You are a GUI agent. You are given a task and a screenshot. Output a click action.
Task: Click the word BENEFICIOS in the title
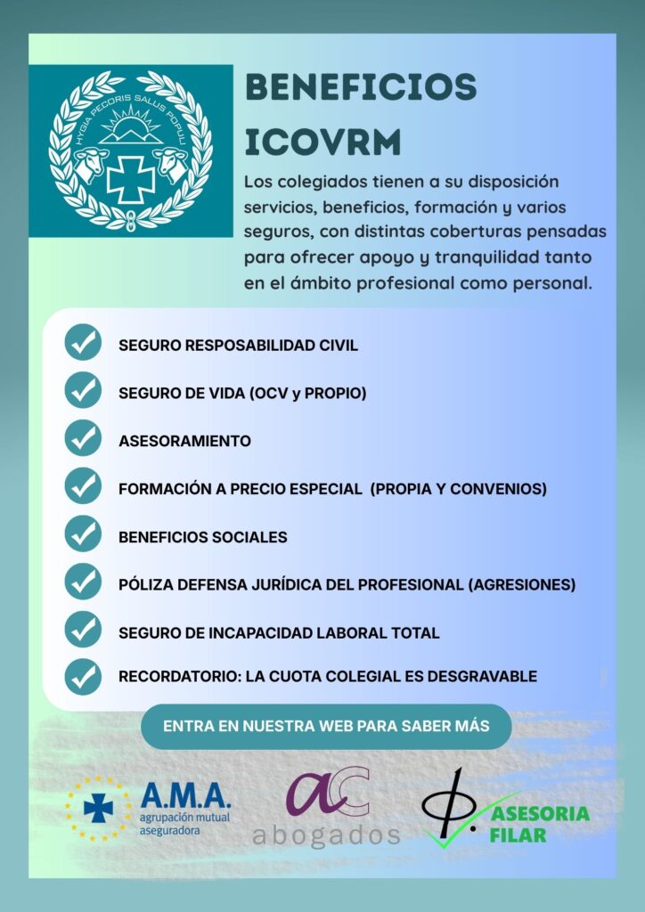point(360,88)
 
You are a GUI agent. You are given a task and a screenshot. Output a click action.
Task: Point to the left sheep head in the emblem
point(92,164)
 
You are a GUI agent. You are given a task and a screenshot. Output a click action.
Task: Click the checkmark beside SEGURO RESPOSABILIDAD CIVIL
point(83,343)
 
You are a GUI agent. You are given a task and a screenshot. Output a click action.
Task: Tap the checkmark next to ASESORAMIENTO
point(83,439)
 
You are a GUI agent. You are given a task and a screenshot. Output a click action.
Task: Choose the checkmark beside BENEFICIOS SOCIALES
point(83,535)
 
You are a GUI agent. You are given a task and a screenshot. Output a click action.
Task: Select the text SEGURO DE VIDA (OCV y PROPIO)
point(242,393)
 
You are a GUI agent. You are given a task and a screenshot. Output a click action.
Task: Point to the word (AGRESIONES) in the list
point(522,585)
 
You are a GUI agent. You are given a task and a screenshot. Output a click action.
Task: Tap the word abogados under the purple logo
point(326,835)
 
